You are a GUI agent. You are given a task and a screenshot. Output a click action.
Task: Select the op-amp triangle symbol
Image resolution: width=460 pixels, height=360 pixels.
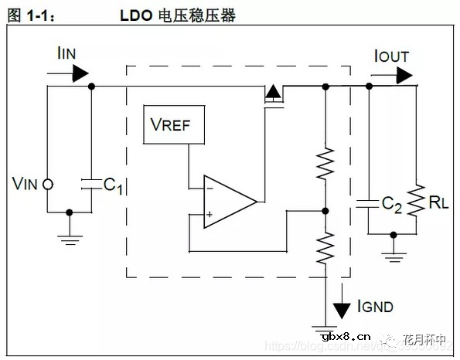coord(227,202)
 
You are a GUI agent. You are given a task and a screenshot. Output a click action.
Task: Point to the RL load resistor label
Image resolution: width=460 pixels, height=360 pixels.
coord(438,203)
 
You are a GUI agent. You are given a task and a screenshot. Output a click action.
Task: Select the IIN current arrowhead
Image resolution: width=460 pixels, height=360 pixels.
coord(80,74)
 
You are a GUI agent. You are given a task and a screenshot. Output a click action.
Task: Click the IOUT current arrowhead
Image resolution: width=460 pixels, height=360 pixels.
coord(404,74)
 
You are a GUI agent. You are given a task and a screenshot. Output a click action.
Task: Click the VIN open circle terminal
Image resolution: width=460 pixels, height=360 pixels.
coord(47,184)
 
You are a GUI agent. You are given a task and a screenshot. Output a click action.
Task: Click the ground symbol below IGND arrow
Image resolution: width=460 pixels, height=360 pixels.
coord(325,327)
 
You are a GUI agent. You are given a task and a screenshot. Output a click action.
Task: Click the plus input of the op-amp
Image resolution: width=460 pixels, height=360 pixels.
coord(210,216)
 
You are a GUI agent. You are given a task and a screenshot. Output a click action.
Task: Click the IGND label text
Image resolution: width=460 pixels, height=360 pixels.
coord(375,307)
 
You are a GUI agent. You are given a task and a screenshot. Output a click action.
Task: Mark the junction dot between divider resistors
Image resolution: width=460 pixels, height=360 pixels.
coord(325,209)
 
